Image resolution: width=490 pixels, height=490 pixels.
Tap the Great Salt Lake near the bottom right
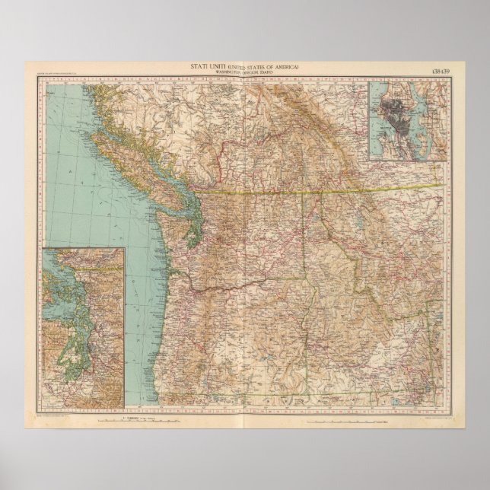pyautogui.click(x=426, y=380)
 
